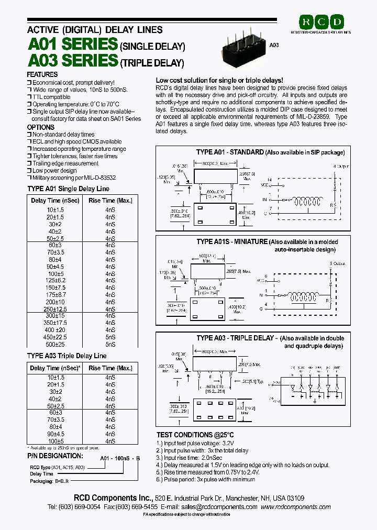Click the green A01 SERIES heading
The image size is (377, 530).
pyautogui.click(x=72, y=44)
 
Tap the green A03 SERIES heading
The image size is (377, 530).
pyautogui.click(x=72, y=61)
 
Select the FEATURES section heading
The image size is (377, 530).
pyautogui.click(x=42, y=75)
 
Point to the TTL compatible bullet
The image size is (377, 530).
pyautogui.click(x=51, y=97)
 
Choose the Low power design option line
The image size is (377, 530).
pyautogui.click(x=54, y=171)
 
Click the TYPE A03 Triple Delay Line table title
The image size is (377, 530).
pyautogui.click(x=66, y=356)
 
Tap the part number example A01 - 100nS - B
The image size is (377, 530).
pyautogui.click(x=120, y=457)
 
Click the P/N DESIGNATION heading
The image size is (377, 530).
pyautogui.click(x=55, y=456)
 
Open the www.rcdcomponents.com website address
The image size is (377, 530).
pyautogui.click(x=295, y=507)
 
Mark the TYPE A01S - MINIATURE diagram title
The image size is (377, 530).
pyautogui.click(x=231, y=242)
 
